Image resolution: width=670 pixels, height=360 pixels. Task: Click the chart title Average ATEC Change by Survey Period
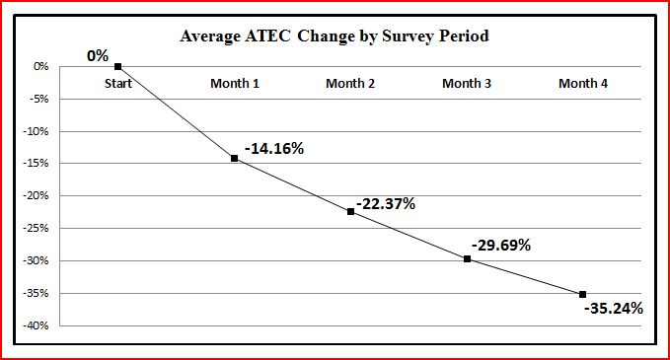pos(335,36)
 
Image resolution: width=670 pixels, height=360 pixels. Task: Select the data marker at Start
pos(117,66)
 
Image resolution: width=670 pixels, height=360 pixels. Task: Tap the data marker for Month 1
pos(234,158)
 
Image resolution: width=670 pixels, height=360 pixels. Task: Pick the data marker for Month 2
pos(350,211)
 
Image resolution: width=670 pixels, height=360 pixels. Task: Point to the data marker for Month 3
pos(467,258)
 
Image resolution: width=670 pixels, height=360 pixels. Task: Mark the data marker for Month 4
pos(583,294)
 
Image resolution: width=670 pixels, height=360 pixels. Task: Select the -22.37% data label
pos(386,204)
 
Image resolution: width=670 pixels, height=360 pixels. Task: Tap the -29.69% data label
pos(501,245)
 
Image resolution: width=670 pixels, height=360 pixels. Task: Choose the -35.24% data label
pos(613,309)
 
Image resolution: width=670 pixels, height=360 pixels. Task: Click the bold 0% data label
pos(98,56)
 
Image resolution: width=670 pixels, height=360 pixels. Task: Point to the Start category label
pos(118,84)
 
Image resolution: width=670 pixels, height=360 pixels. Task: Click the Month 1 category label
pos(235,84)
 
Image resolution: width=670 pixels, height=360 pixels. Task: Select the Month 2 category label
pos(350,84)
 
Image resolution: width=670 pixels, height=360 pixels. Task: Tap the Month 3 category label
pos(467,84)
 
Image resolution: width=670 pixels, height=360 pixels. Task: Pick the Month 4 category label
pos(583,84)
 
